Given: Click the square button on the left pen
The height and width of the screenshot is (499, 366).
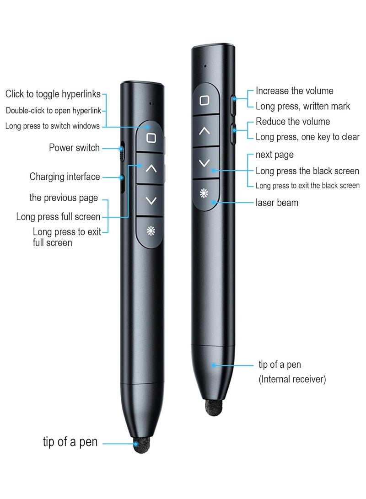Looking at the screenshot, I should (x=151, y=137).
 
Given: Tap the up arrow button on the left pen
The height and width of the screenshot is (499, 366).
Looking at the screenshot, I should (x=151, y=168).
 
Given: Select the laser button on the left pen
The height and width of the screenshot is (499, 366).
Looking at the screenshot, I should (x=151, y=231).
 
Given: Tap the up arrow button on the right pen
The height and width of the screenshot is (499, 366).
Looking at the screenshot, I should (x=205, y=131).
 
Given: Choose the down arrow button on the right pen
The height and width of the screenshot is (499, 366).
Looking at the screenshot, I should (x=205, y=162).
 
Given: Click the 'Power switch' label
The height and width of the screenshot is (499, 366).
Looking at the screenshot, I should (x=74, y=148).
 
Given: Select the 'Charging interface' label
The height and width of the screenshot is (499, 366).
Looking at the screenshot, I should (x=65, y=177).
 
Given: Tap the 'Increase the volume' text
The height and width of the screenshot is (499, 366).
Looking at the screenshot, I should (x=294, y=91).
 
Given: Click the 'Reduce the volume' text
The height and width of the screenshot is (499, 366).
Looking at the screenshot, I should (x=292, y=122).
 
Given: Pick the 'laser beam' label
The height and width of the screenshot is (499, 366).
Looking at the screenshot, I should (x=276, y=202).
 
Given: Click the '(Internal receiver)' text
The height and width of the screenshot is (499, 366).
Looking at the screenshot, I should (x=292, y=380).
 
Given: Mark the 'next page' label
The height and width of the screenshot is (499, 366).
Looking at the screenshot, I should (x=274, y=155).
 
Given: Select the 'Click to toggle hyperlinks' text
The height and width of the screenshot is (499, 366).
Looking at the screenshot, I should (x=53, y=94).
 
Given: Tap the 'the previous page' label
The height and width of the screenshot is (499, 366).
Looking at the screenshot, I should (x=64, y=198).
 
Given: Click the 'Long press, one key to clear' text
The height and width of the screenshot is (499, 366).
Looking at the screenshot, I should (x=307, y=137).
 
